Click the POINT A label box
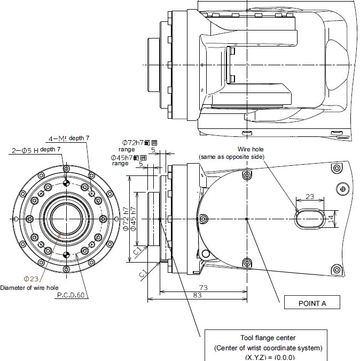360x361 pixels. [312, 303]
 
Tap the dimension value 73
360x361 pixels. [204, 288]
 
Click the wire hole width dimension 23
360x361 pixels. [310, 196]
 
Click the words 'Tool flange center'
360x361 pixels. [268, 337]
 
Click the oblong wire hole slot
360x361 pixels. [309, 219]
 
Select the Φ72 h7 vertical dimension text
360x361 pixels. [126, 219]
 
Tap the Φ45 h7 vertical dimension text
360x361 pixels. [134, 219]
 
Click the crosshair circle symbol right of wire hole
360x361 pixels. [342, 188]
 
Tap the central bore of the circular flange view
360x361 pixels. [66, 219]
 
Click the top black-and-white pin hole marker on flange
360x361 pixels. [66, 183]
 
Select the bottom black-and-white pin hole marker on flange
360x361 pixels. [66, 255]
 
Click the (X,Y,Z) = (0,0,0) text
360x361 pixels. [269, 357]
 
